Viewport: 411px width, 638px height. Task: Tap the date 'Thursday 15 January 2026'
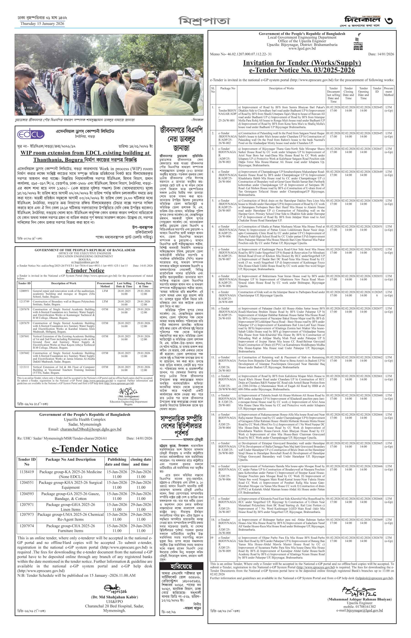pos(42,24)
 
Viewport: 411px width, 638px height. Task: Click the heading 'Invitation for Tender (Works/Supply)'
pos(302,63)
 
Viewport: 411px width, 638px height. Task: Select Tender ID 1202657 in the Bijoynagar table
pos(377,308)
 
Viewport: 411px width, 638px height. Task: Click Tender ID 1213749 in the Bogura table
pos(24,301)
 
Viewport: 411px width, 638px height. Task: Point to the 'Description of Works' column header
pos(281,88)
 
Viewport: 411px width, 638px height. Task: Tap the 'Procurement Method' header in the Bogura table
pos(105,285)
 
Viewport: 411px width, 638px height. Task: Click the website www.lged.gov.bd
pos(302,49)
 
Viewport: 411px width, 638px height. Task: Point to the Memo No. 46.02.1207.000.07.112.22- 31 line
pos(241,54)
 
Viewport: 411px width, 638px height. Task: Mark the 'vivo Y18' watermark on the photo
pos(25,108)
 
